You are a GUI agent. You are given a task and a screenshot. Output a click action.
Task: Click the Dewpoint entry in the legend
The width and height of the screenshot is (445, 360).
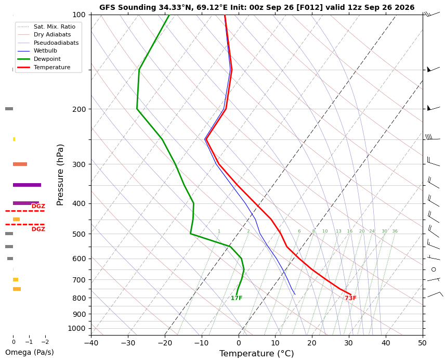click(47, 59)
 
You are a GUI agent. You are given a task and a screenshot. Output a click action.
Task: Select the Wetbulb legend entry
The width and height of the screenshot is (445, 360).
click(45, 51)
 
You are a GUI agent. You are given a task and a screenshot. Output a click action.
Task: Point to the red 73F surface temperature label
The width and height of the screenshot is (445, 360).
click(350, 298)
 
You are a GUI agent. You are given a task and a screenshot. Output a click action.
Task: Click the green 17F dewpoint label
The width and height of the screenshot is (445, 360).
click(237, 298)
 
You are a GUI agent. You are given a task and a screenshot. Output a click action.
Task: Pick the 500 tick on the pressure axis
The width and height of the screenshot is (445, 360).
click(80, 234)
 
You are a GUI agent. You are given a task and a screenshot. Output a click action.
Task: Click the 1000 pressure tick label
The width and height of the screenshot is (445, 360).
click(77, 328)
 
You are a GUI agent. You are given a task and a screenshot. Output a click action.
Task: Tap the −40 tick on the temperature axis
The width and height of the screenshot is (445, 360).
click(91, 343)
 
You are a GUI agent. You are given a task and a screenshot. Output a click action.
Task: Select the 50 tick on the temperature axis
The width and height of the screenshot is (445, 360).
click(422, 343)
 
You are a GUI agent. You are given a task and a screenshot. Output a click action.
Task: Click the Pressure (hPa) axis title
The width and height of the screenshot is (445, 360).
click(60, 175)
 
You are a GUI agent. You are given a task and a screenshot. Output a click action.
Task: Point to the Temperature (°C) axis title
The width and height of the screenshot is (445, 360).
click(257, 353)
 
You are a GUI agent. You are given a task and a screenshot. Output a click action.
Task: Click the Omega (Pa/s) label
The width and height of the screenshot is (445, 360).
click(30, 352)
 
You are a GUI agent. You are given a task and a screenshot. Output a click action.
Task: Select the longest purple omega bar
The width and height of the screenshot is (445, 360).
click(27, 185)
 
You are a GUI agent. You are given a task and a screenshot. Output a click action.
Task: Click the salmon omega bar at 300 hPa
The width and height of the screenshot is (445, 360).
click(20, 164)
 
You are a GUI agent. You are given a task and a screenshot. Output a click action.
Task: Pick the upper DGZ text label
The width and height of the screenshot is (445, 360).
click(38, 207)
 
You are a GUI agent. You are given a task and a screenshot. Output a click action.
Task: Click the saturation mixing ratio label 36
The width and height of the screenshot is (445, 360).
click(395, 231)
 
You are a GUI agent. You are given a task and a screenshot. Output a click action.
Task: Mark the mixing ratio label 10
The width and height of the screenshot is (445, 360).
click(325, 231)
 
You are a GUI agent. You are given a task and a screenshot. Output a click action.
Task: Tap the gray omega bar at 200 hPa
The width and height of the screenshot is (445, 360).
click(9, 109)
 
